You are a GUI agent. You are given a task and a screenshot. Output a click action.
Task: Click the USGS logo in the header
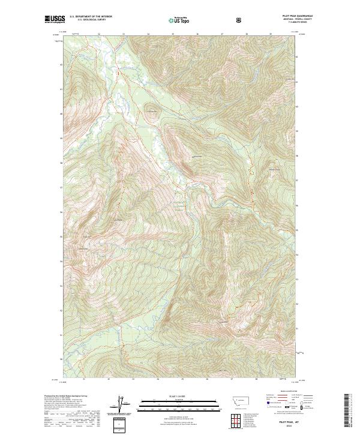click(x=55, y=20)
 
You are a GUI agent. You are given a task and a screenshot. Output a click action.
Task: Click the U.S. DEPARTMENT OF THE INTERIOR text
click(x=91, y=17)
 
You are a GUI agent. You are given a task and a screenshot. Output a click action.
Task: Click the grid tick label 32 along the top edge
click(x=98, y=34)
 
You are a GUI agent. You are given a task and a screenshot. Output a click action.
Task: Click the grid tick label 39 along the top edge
click(x=271, y=34)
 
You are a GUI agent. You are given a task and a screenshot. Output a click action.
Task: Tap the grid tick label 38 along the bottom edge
click(x=256, y=379)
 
